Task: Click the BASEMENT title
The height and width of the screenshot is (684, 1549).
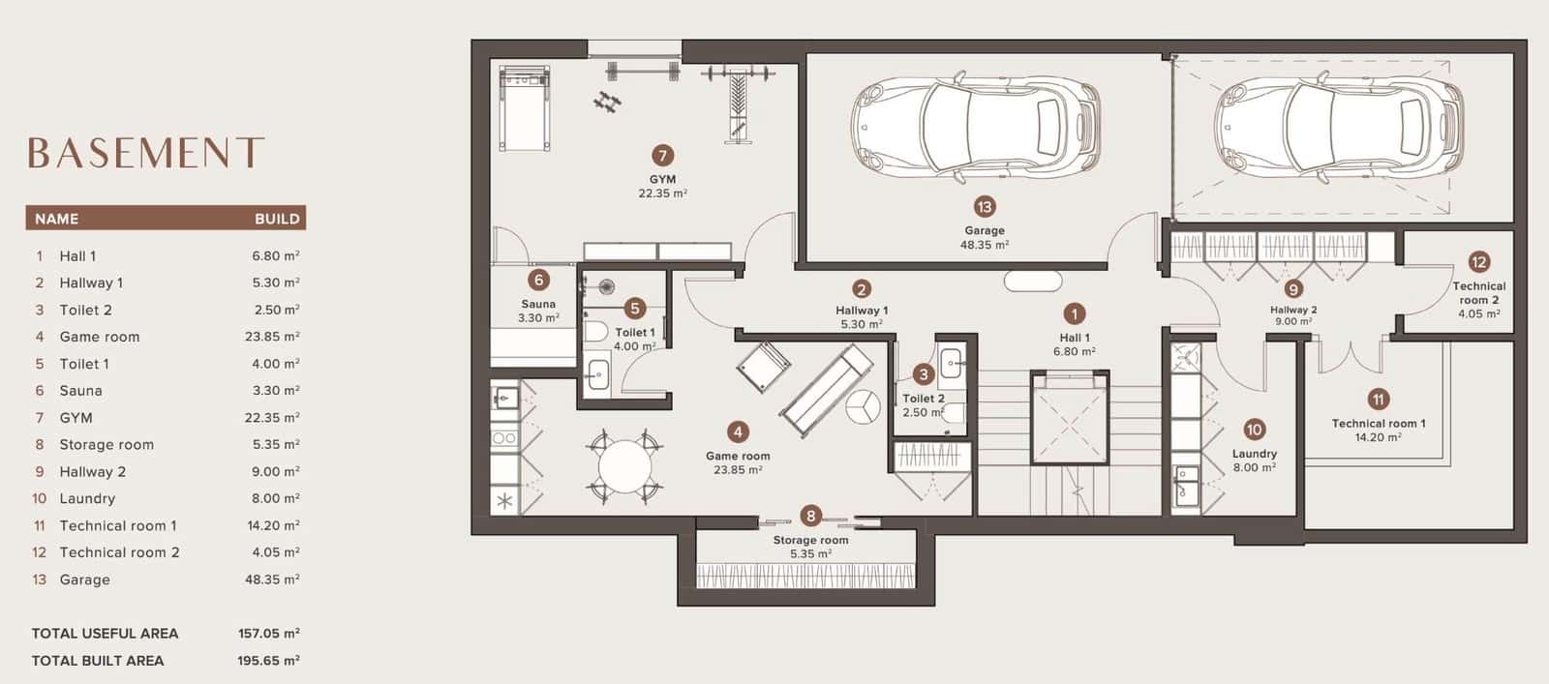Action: (x=146, y=153)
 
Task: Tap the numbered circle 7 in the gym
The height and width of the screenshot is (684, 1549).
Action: (x=662, y=156)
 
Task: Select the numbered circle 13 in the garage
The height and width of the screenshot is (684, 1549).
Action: (x=984, y=207)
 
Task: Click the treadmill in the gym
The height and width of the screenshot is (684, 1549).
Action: (x=525, y=107)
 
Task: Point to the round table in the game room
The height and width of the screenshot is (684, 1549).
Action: (x=624, y=466)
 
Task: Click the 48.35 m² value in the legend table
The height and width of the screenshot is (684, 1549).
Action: (x=272, y=579)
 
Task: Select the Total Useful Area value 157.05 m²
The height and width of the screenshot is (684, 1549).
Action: (x=268, y=633)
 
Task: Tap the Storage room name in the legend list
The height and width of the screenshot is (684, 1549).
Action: (x=106, y=444)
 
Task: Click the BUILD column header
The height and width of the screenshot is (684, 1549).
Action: (x=277, y=219)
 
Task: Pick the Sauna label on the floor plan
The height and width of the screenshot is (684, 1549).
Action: (x=538, y=304)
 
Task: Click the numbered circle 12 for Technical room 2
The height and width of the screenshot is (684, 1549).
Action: (x=1478, y=262)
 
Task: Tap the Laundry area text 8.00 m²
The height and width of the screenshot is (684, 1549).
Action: (x=1254, y=467)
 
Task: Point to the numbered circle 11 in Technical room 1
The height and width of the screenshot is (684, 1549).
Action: (x=1379, y=399)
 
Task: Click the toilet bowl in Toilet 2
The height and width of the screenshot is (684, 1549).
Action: (x=953, y=414)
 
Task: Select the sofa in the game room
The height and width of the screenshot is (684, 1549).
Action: (x=826, y=391)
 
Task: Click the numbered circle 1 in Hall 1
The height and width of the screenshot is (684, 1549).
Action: (x=1074, y=314)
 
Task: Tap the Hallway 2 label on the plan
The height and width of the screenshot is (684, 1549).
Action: (x=1293, y=310)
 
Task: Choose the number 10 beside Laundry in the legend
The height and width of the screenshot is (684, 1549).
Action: (x=40, y=498)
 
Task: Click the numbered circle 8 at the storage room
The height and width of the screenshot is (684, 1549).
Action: (x=810, y=516)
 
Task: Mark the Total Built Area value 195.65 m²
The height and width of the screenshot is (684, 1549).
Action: (x=268, y=661)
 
